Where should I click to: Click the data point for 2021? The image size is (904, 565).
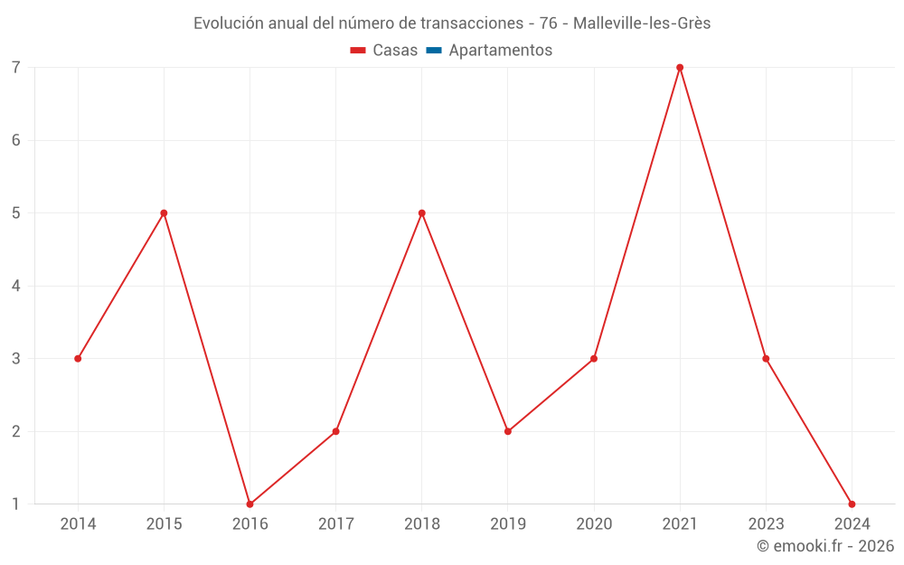[680, 68]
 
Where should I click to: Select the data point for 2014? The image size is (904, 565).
[78, 359]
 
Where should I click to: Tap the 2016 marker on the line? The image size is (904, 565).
[250, 504]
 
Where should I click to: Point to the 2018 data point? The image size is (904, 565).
[422, 213]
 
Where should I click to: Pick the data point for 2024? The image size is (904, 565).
[852, 504]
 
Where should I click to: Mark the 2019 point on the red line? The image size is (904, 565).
[508, 431]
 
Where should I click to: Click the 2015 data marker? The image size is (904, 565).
[164, 213]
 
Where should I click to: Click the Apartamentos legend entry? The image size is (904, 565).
[500, 51]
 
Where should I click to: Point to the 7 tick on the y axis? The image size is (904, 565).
[16, 68]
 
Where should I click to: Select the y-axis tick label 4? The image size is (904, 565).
[16, 286]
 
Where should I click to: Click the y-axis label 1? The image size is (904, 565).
[16, 504]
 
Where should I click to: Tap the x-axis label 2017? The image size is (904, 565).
[335, 524]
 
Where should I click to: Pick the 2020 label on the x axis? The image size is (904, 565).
[594, 524]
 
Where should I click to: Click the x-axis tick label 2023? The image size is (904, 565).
[766, 524]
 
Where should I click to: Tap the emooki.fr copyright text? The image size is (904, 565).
[824, 546]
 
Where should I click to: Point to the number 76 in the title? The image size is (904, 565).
[549, 24]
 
